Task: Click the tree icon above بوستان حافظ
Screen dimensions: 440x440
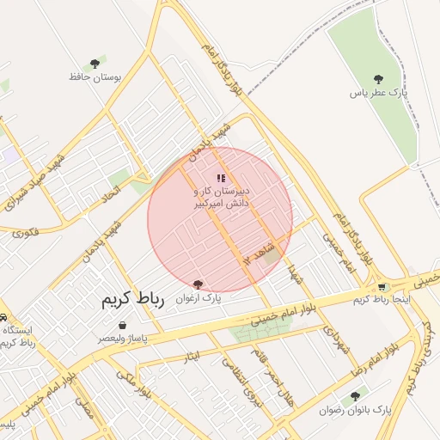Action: coord(95,63)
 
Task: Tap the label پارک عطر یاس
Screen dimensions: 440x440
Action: coord(378,91)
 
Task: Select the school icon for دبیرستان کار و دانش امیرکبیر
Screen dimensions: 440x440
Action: coord(221,178)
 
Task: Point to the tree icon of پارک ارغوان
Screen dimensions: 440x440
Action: coord(199,284)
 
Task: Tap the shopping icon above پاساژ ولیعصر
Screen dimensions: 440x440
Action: coord(122,326)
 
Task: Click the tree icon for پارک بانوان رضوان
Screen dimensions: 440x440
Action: coord(355,396)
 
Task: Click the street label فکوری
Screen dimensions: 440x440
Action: coord(26,230)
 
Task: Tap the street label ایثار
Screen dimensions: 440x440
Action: coord(192,355)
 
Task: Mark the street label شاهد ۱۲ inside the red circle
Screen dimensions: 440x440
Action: coord(258,252)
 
